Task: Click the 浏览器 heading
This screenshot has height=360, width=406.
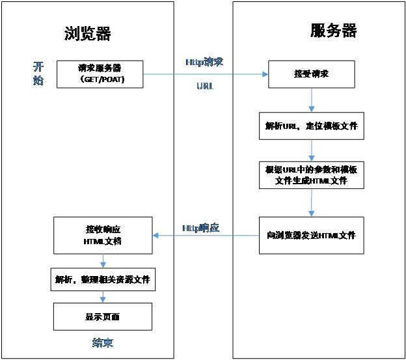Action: click(x=88, y=34)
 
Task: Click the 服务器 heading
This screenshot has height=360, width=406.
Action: click(x=334, y=31)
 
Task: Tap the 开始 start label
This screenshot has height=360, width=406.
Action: click(x=39, y=74)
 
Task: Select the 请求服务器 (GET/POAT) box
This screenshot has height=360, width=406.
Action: click(x=100, y=74)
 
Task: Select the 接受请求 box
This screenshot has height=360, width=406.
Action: click(x=312, y=74)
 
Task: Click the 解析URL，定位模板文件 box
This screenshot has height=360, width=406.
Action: click(x=312, y=126)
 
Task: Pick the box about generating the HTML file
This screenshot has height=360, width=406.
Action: click(x=312, y=175)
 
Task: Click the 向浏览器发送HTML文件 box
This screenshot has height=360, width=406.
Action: click(x=312, y=235)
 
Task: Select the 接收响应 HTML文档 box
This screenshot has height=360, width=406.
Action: click(x=103, y=235)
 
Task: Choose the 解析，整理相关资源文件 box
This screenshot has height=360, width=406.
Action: click(x=103, y=279)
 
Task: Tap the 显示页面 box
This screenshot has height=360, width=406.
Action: click(x=103, y=316)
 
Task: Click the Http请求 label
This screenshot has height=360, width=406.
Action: click(x=204, y=62)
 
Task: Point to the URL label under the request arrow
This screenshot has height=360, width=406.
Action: click(x=205, y=86)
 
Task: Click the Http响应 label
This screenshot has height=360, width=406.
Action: click(x=200, y=228)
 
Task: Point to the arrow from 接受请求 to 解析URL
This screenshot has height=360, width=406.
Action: click(x=312, y=100)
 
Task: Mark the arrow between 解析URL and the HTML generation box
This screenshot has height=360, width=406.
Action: click(x=312, y=150)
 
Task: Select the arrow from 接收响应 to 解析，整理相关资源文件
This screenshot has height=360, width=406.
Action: click(x=103, y=260)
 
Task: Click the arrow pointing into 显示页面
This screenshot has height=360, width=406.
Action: click(x=103, y=297)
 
